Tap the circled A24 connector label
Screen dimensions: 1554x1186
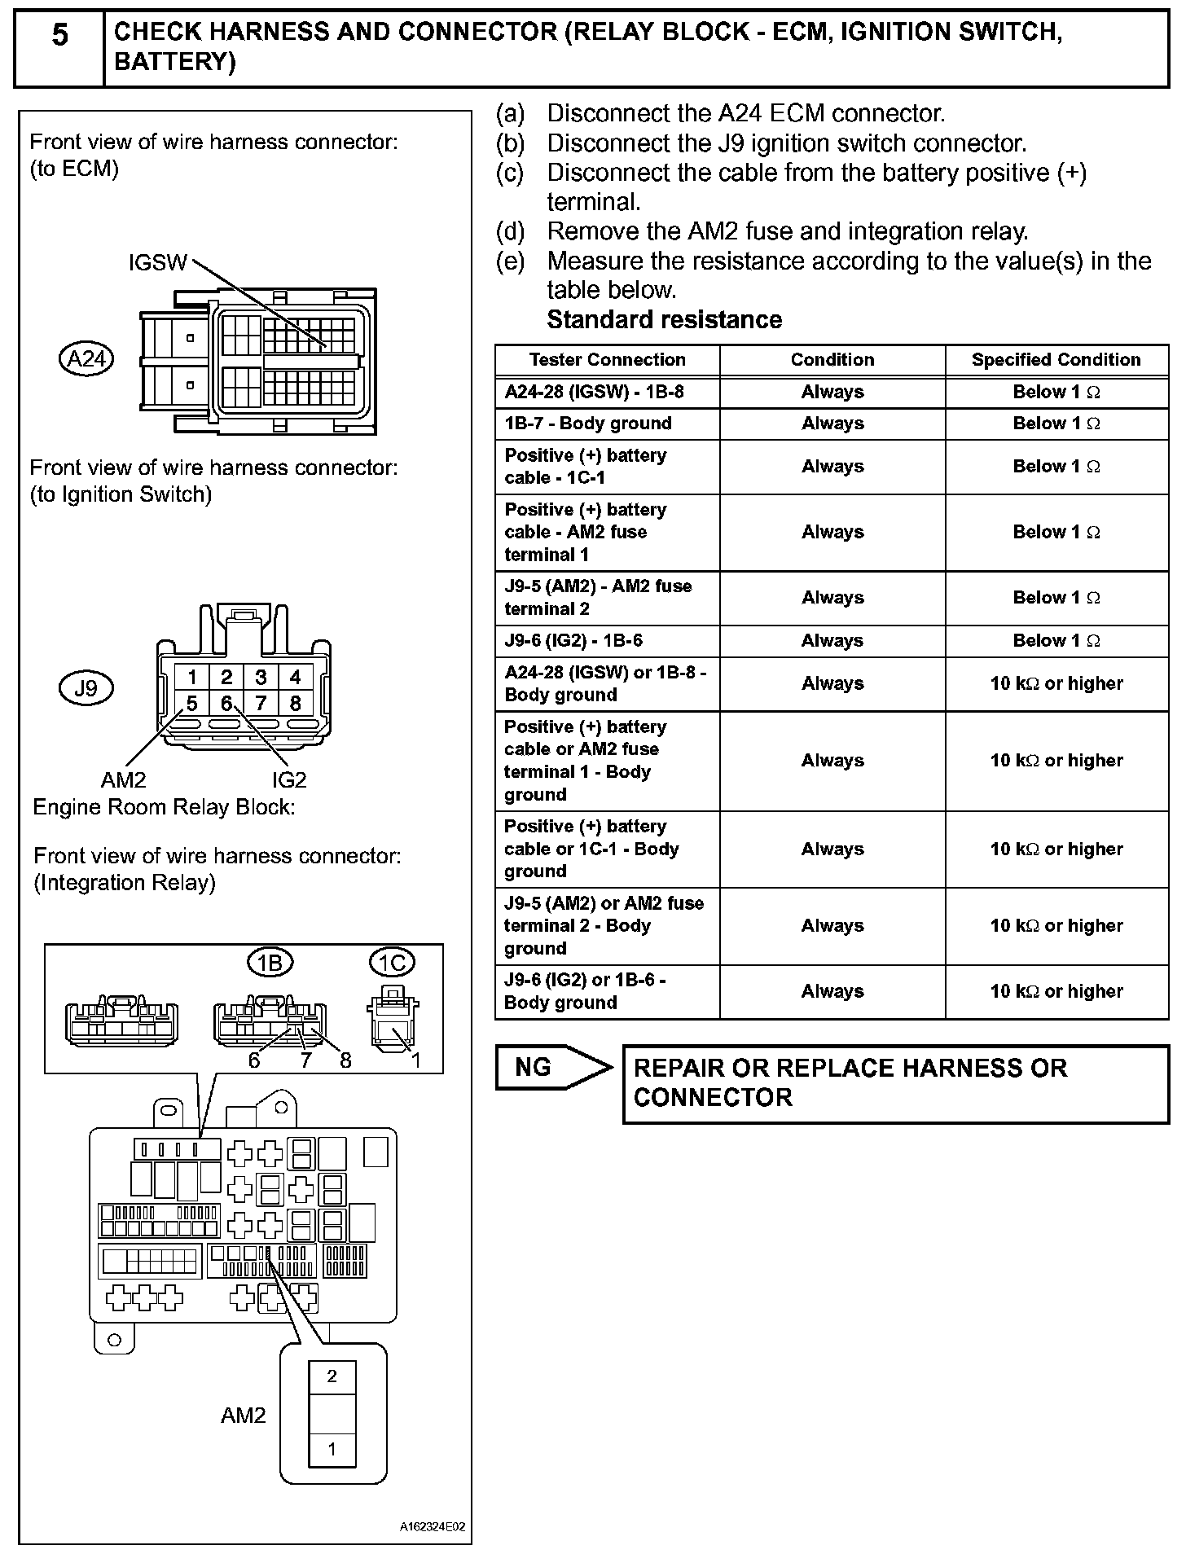coord(86,359)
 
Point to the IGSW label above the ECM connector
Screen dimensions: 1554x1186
coord(158,263)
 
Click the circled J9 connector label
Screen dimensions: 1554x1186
coord(86,689)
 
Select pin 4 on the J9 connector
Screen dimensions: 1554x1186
coord(295,677)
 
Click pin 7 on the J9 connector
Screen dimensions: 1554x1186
coord(261,703)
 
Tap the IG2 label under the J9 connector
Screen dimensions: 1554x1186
coord(289,780)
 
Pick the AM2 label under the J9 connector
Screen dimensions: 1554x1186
coord(123,780)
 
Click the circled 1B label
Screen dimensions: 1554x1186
coord(270,964)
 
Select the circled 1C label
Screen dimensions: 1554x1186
coord(392,964)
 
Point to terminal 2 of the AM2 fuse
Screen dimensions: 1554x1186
coord(332,1376)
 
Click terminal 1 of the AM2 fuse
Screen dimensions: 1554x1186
coord(332,1449)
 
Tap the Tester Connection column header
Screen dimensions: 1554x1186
coord(607,360)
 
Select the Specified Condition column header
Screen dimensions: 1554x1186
coord(1056,360)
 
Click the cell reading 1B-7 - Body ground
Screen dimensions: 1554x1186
coord(588,424)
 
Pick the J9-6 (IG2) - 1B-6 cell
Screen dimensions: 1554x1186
coord(573,641)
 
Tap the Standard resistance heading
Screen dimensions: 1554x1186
coord(664,320)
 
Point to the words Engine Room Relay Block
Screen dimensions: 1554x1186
coord(164,807)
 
